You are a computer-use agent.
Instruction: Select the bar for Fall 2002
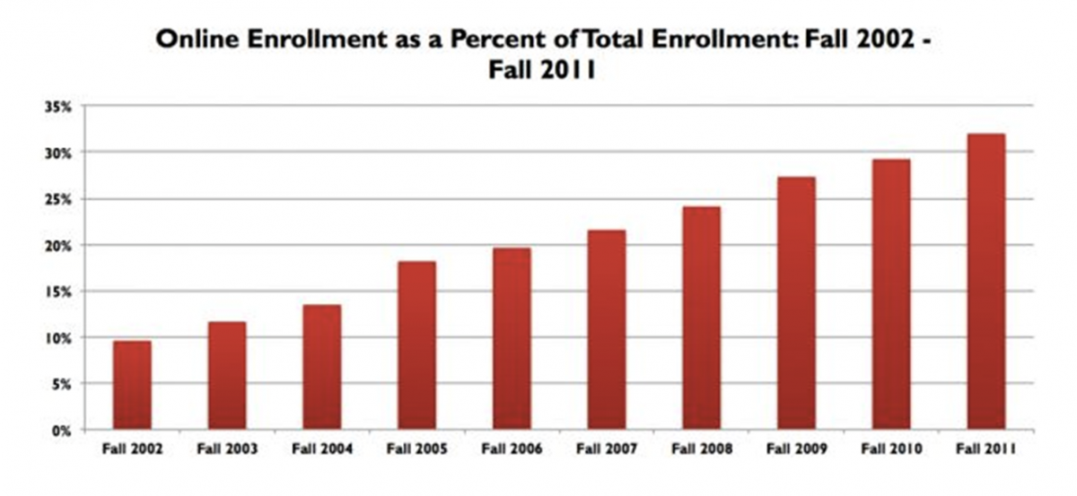click(132, 386)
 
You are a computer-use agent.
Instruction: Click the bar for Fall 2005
click(416, 345)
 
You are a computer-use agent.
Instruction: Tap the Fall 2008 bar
click(701, 318)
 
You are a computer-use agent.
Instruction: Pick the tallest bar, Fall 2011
click(985, 282)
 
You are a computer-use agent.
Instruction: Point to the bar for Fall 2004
click(321, 367)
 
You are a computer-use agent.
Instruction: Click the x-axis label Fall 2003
click(226, 449)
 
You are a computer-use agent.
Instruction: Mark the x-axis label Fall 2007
click(606, 449)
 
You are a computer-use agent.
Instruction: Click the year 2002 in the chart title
click(870, 40)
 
